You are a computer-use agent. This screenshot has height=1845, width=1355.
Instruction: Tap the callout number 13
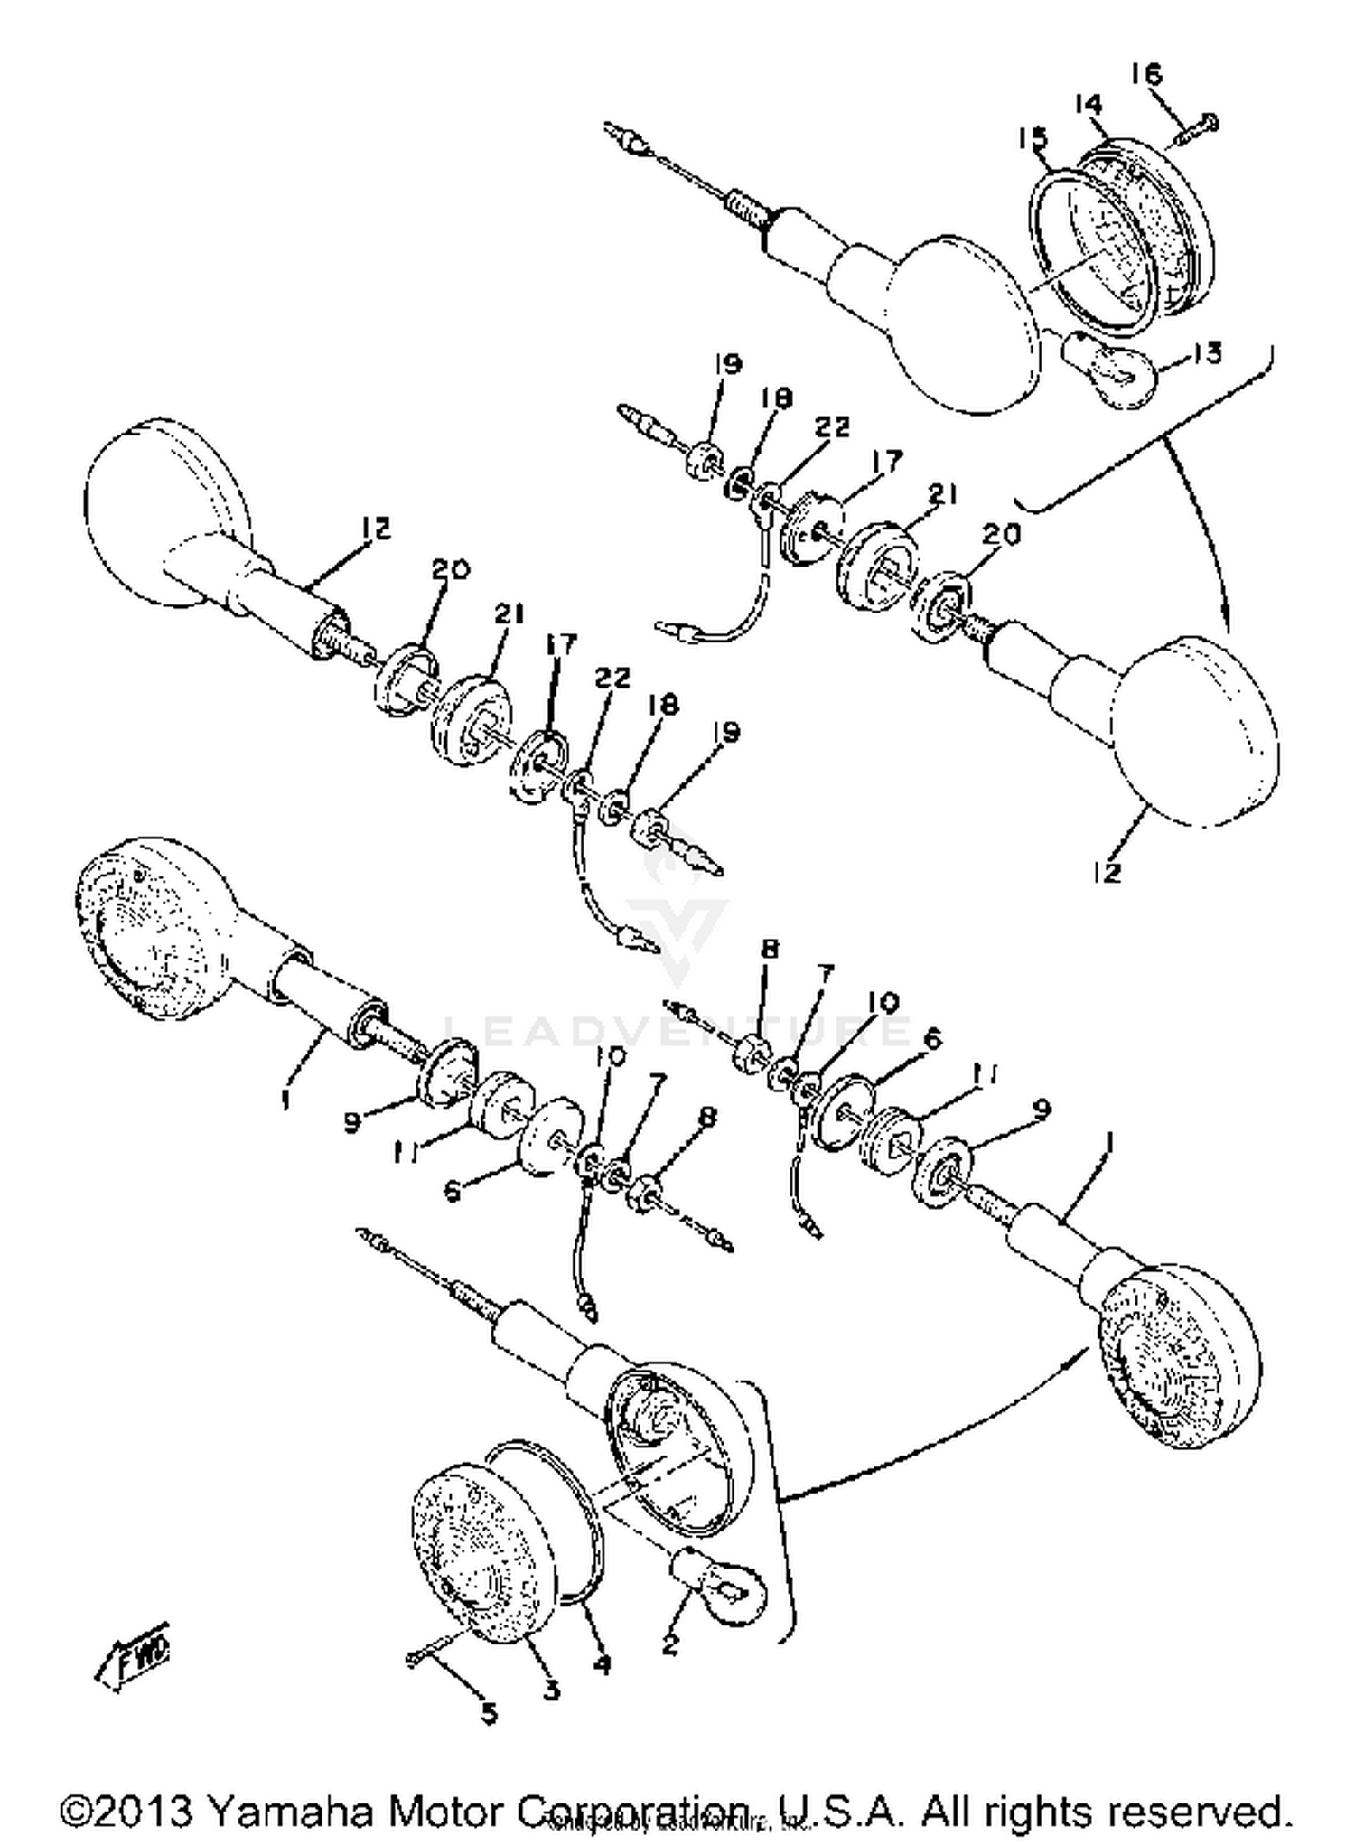[x=1207, y=353]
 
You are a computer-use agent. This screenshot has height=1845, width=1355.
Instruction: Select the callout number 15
[x=1033, y=139]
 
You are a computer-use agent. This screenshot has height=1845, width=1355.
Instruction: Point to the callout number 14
[x=1089, y=106]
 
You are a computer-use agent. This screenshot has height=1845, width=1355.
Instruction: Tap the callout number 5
[x=489, y=1712]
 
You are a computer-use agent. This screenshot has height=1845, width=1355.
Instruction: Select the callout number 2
[x=669, y=1644]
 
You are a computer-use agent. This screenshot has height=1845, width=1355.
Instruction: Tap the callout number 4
[x=601, y=1663]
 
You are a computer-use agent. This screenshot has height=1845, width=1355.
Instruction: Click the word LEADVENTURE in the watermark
[x=677, y=1029]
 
